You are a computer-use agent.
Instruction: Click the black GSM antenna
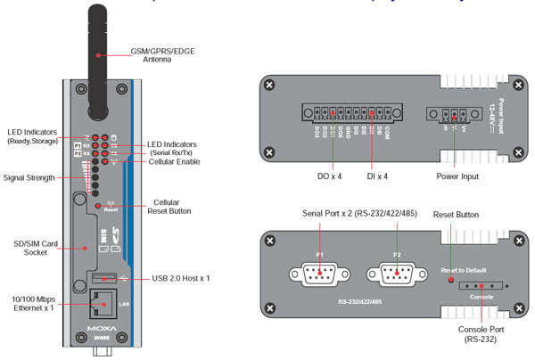100,45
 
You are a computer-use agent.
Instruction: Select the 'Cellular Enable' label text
176,162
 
